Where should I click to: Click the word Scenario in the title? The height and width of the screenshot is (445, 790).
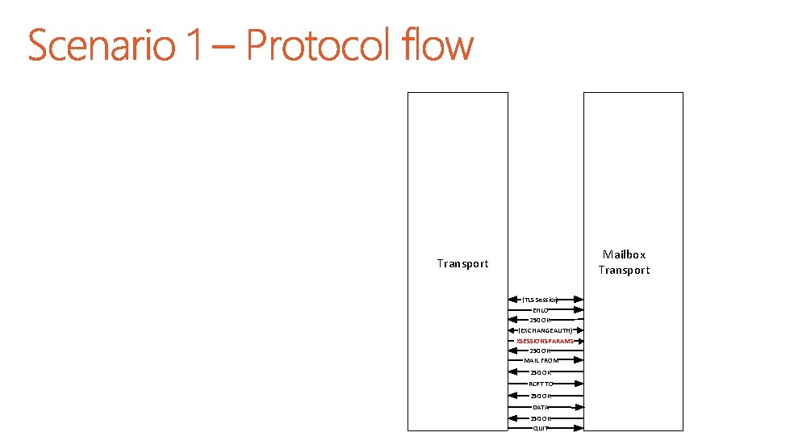click(102, 45)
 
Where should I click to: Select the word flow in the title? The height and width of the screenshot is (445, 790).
click(441, 45)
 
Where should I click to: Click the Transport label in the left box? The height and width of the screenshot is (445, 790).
click(462, 263)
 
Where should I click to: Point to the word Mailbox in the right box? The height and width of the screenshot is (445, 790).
click(624, 254)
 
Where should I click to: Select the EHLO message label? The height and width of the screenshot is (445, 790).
click(540, 310)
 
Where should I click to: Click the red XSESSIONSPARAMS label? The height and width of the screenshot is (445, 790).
click(545, 342)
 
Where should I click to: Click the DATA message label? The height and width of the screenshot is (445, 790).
click(541, 408)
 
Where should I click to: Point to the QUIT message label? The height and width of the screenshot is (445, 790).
click(540, 428)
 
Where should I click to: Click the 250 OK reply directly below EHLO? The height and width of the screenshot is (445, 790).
click(540, 321)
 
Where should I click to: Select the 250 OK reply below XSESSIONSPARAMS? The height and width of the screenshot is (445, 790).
click(540, 351)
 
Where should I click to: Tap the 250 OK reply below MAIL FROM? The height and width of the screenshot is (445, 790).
click(540, 372)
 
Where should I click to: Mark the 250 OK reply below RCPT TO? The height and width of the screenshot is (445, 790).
click(540, 396)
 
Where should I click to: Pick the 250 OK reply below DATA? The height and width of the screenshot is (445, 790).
click(540, 418)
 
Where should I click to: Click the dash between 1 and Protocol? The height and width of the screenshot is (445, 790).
click(225, 48)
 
